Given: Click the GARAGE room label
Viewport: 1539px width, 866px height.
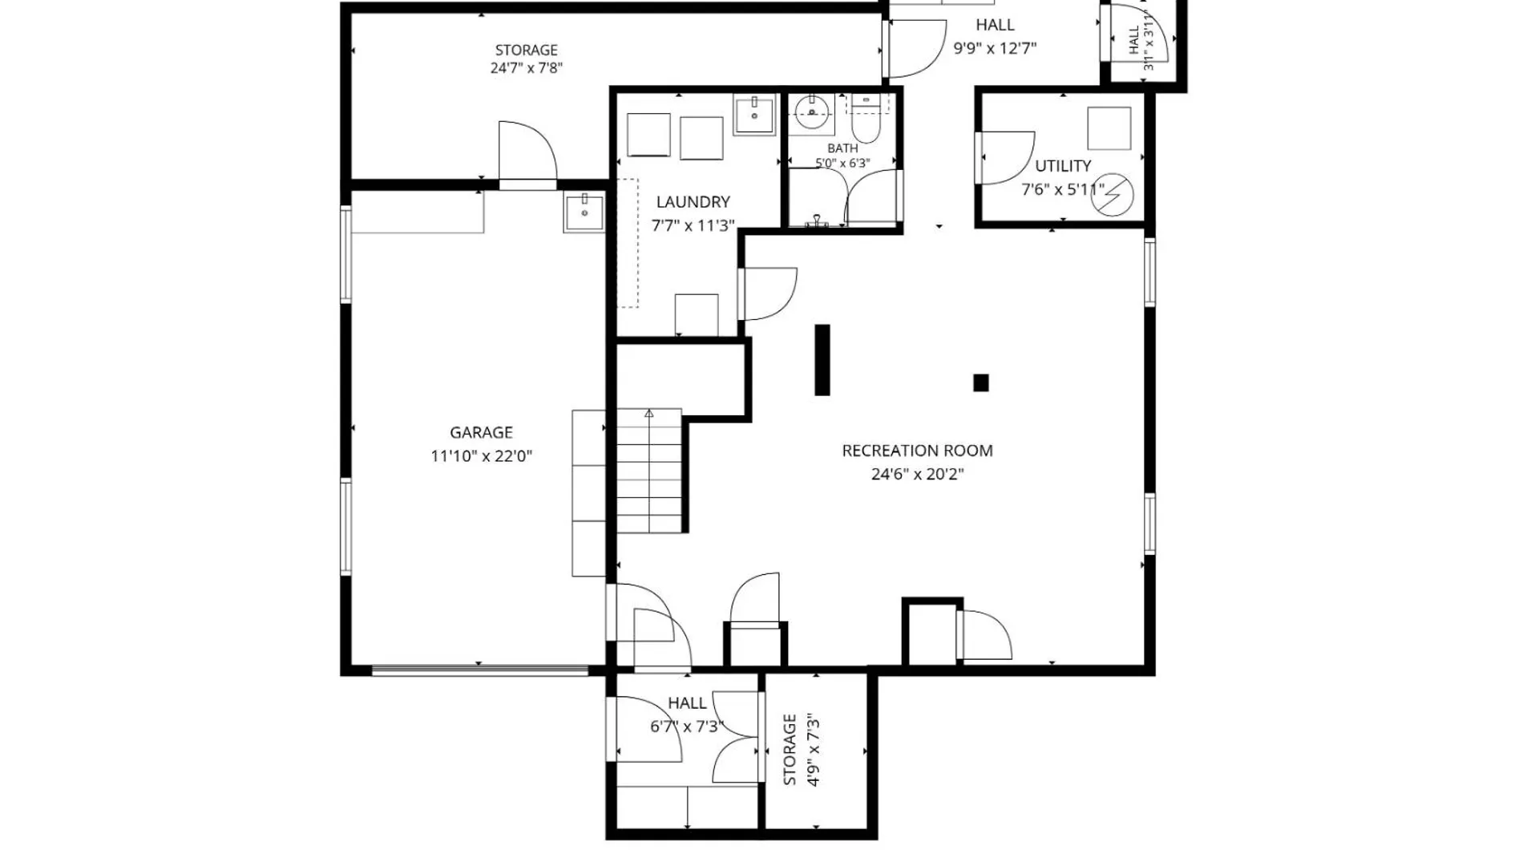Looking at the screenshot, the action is pos(481,432).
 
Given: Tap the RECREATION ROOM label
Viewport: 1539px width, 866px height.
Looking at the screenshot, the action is pos(917,451).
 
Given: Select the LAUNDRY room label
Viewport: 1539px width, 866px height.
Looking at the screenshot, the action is pos(693,202).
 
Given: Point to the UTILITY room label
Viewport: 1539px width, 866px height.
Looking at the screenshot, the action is pos(1063,166).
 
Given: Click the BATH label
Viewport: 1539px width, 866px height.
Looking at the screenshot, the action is pos(842,148).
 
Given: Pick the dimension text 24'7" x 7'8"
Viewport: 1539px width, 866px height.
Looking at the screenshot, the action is pos(527,68).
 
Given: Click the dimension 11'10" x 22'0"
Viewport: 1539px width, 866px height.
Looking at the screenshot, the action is pos(481,456).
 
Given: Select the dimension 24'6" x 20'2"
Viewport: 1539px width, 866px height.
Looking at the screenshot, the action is pos(917,474).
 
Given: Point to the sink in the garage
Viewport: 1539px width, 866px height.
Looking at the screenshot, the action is pos(584,212).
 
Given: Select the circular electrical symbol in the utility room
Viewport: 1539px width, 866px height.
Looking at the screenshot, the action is pos(1112,195).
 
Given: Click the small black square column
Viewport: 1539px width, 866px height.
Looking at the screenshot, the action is pos(980,382).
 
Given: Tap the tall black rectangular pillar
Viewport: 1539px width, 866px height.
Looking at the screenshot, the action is pos(822,359).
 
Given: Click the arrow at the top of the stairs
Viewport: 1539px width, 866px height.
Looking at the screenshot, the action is pos(649,414).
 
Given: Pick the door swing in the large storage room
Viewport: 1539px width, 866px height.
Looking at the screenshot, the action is pos(527,152).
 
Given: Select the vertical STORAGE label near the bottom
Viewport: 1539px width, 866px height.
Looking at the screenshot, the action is pos(790,750).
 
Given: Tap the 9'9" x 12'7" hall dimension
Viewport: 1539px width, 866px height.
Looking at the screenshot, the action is pos(995,48).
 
